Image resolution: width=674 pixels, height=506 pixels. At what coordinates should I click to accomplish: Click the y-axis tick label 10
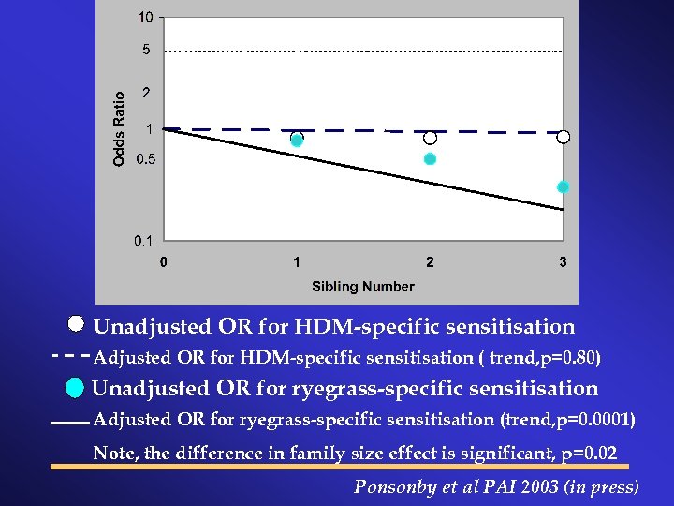(x=146, y=17)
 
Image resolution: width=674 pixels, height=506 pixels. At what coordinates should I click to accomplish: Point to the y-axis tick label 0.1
(x=144, y=241)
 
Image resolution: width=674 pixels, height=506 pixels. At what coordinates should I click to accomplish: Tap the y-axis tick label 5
(x=146, y=50)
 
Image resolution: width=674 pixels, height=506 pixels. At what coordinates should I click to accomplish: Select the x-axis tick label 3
(x=563, y=262)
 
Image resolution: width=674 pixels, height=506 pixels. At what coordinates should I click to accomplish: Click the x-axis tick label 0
(x=164, y=262)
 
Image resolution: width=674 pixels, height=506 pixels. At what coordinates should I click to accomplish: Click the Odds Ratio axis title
(x=119, y=128)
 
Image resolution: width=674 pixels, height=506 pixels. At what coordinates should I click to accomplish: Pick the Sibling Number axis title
(x=362, y=286)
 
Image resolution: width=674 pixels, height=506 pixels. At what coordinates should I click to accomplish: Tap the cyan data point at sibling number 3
(x=563, y=187)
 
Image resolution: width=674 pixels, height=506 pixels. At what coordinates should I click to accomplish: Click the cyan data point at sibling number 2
(x=430, y=159)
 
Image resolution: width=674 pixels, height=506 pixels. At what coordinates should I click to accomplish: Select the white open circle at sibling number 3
(x=564, y=137)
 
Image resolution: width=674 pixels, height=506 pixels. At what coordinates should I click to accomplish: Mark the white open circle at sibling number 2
(x=430, y=138)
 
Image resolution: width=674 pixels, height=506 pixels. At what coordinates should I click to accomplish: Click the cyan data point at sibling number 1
(x=297, y=141)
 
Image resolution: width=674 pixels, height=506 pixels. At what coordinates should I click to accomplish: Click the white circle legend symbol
(x=77, y=325)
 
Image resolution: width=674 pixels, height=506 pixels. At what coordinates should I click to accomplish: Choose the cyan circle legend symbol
(x=76, y=387)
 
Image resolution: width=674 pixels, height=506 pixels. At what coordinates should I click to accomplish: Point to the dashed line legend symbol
(x=70, y=357)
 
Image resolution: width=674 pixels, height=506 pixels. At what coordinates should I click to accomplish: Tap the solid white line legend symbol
(x=69, y=424)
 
